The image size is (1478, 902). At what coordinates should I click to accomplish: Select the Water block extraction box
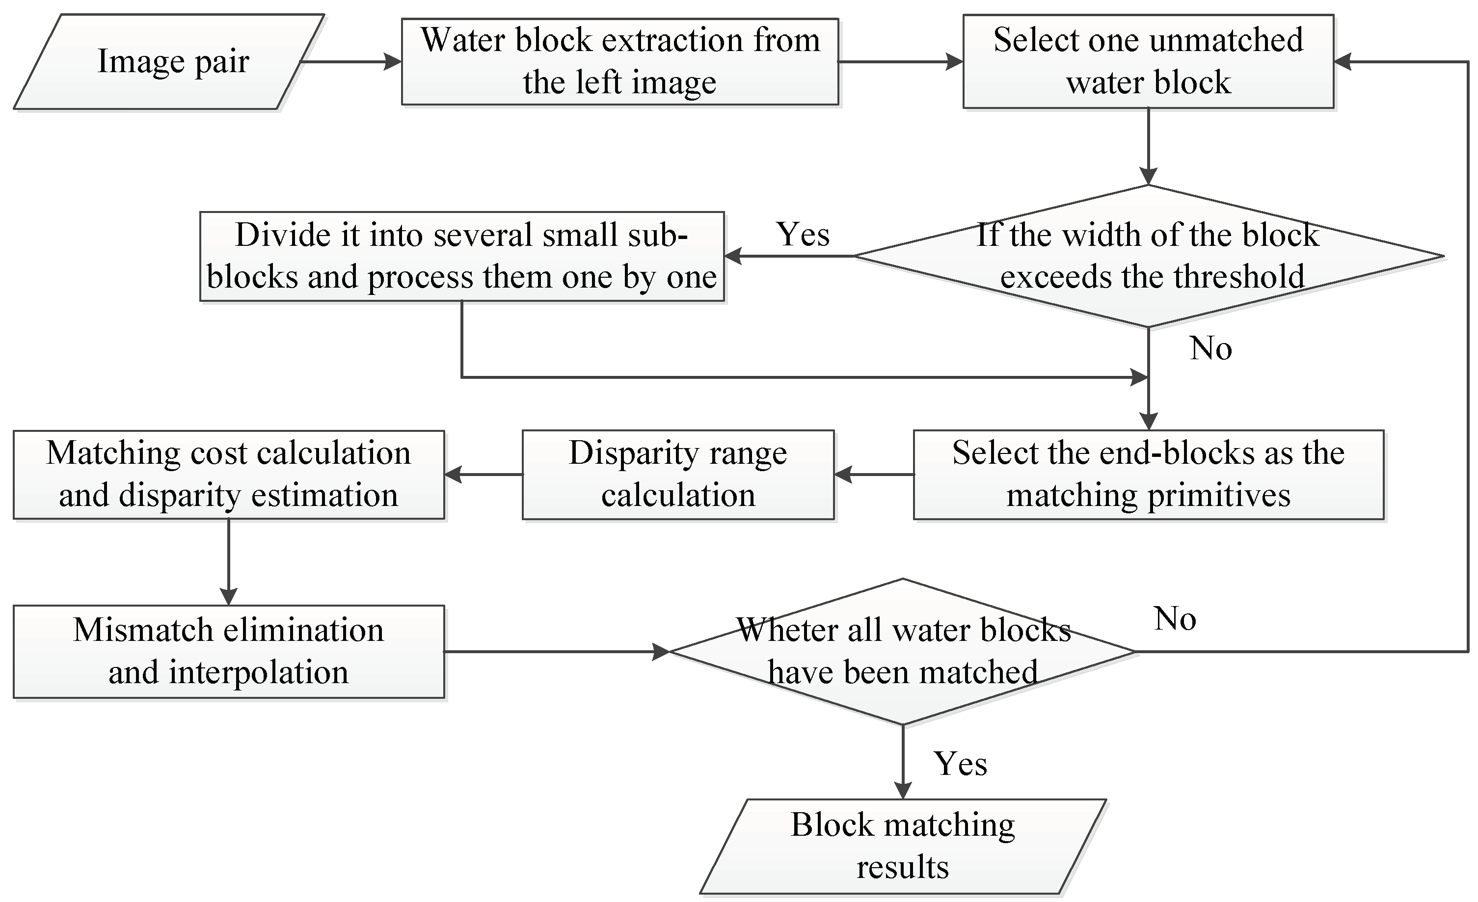tap(619, 62)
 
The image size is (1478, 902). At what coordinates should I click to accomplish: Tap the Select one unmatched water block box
tap(1148, 62)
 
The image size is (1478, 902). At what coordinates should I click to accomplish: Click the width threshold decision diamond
tap(1148, 256)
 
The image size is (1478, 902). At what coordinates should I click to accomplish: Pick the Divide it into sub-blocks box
tap(462, 256)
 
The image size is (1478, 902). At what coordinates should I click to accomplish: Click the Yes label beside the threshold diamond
tap(803, 235)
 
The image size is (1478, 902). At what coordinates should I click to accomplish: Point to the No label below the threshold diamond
tap(1210, 348)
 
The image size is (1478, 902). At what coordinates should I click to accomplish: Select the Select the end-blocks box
tap(1148, 475)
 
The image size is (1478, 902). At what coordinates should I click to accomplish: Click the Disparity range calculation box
tap(678, 475)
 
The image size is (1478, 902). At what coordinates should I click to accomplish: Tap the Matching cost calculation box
tap(229, 475)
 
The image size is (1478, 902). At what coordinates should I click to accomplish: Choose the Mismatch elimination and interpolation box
tap(229, 651)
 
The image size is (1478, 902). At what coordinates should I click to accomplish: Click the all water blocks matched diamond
tap(903, 651)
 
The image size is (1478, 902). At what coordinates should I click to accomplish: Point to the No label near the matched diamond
tap(1175, 619)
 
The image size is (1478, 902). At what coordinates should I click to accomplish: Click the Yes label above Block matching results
tap(960, 764)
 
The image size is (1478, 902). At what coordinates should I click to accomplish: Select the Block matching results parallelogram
tap(903, 846)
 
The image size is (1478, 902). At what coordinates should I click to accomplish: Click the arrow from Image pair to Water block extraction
tap(351, 62)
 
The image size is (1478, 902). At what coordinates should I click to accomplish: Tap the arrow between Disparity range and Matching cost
tap(483, 475)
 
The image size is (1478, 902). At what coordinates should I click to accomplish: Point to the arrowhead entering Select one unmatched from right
tap(1343, 62)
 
